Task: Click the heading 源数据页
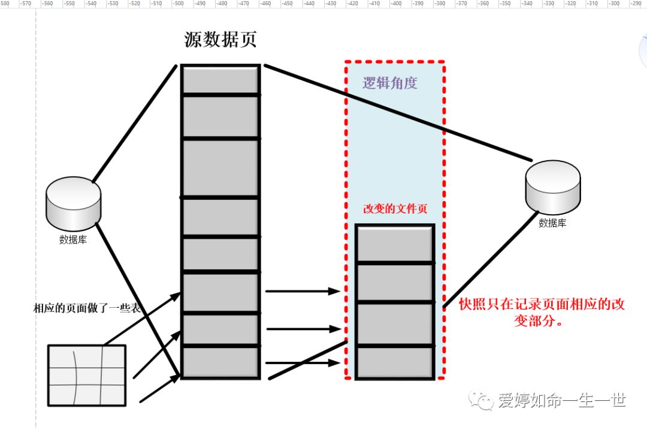(220, 40)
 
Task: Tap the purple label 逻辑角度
(389, 83)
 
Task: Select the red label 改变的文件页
(395, 209)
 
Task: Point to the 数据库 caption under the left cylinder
(73, 239)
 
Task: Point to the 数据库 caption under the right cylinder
(552, 223)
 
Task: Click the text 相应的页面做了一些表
(87, 308)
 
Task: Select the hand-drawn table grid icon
(87, 375)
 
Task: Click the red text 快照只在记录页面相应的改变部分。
(542, 312)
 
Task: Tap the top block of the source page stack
(220, 79)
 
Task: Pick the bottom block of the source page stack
(220, 362)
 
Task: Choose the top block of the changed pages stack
(395, 244)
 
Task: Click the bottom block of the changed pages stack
(395, 362)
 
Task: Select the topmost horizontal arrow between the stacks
(303, 292)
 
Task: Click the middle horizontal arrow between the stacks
(303, 329)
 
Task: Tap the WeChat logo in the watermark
(481, 401)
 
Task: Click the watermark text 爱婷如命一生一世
(562, 401)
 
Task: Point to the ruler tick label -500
(178, 4)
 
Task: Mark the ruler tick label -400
(395, 4)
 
